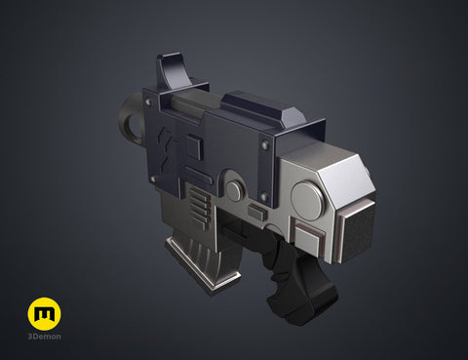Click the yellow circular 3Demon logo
click(x=44, y=313)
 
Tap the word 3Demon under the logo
click(x=44, y=337)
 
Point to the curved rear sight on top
click(x=172, y=69)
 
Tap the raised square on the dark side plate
click(x=194, y=147)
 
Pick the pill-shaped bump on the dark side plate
click(x=199, y=176)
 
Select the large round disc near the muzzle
click(x=307, y=201)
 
